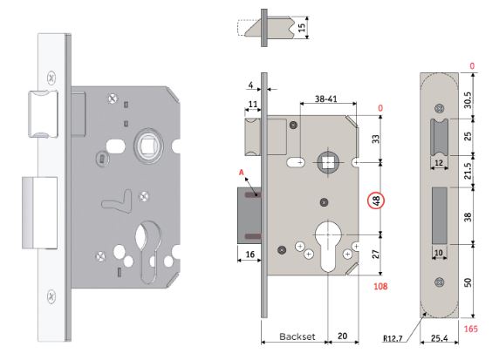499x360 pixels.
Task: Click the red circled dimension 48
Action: coord(376,201)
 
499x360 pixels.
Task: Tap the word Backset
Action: coord(297,336)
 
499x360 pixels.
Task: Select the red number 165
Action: coord(471,329)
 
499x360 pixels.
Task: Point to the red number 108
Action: coord(380,286)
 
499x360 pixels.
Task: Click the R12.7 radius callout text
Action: coord(393,338)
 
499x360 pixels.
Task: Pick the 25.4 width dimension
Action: coord(439,338)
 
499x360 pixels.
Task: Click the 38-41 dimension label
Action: coord(326,98)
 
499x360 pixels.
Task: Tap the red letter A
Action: coord(242,173)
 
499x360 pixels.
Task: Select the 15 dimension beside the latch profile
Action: coord(301,27)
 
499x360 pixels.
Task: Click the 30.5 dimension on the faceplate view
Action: coord(468,100)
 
